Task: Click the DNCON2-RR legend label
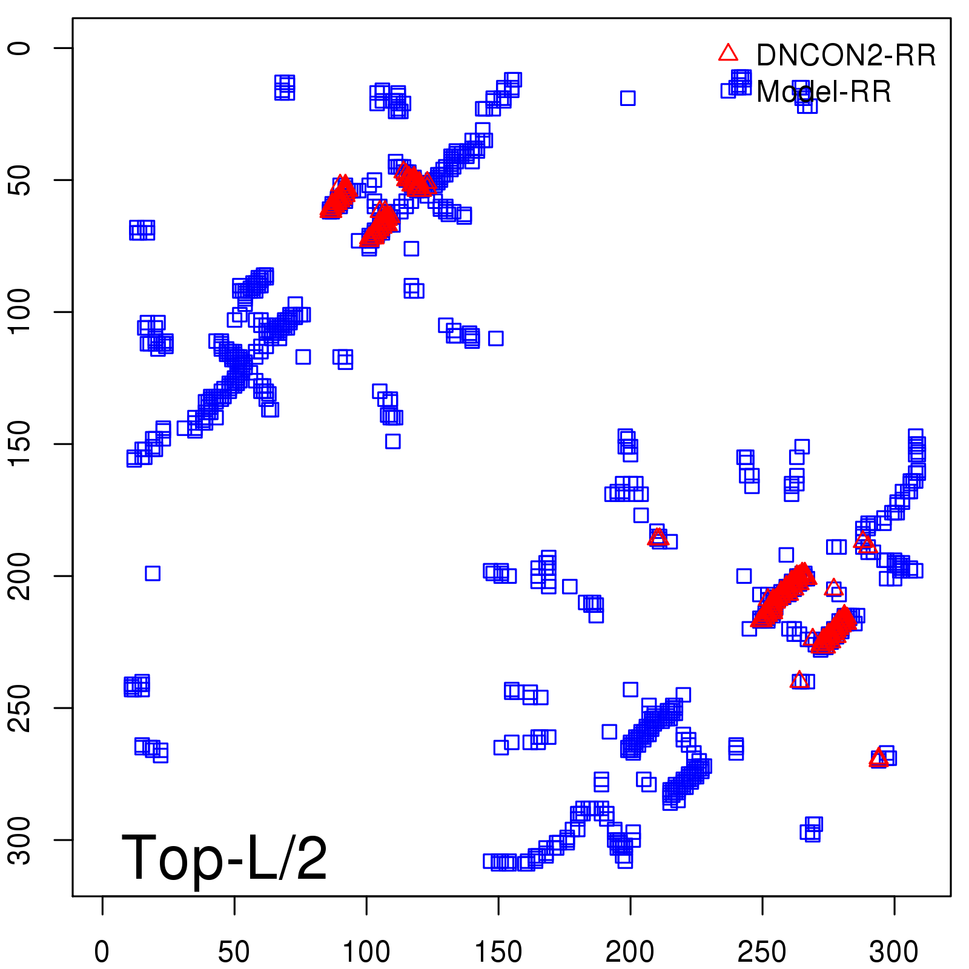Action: pos(845,56)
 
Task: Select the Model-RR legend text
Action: pos(824,92)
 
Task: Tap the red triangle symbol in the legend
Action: pos(728,53)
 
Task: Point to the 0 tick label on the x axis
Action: pos(102,952)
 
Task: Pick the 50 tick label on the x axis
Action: pos(234,952)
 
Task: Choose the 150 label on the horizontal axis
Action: pos(498,952)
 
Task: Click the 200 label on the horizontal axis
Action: pos(630,952)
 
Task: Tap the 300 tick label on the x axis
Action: pos(894,952)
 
